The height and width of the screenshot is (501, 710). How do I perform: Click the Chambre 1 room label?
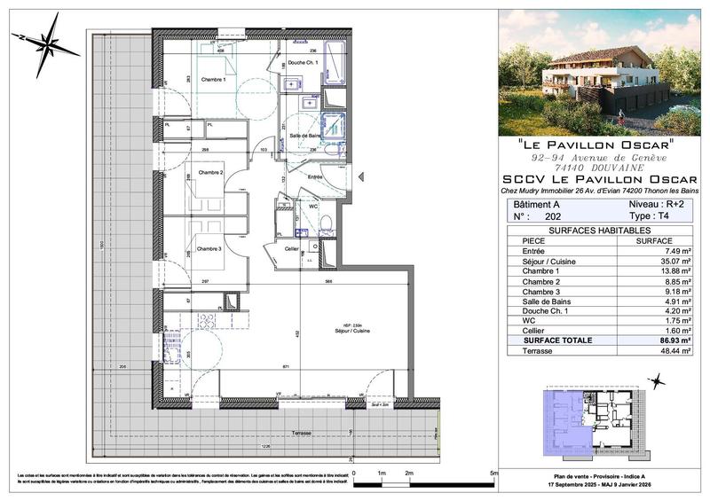213,81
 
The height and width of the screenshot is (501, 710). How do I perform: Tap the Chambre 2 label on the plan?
210,173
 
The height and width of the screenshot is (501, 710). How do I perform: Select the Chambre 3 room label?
210,248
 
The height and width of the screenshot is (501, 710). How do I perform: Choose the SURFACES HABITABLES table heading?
599,230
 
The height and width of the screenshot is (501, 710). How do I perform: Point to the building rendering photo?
599,71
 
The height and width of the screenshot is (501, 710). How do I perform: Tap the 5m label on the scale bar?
493,474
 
